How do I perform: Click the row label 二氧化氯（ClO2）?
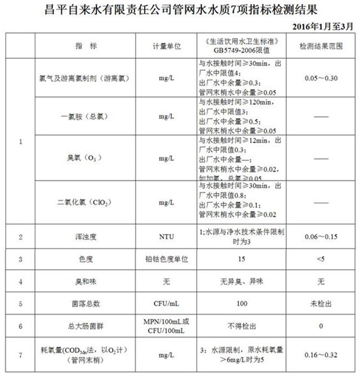85,202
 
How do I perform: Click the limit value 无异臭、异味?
242,281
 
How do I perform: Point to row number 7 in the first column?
21,355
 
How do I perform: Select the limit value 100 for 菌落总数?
242,304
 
